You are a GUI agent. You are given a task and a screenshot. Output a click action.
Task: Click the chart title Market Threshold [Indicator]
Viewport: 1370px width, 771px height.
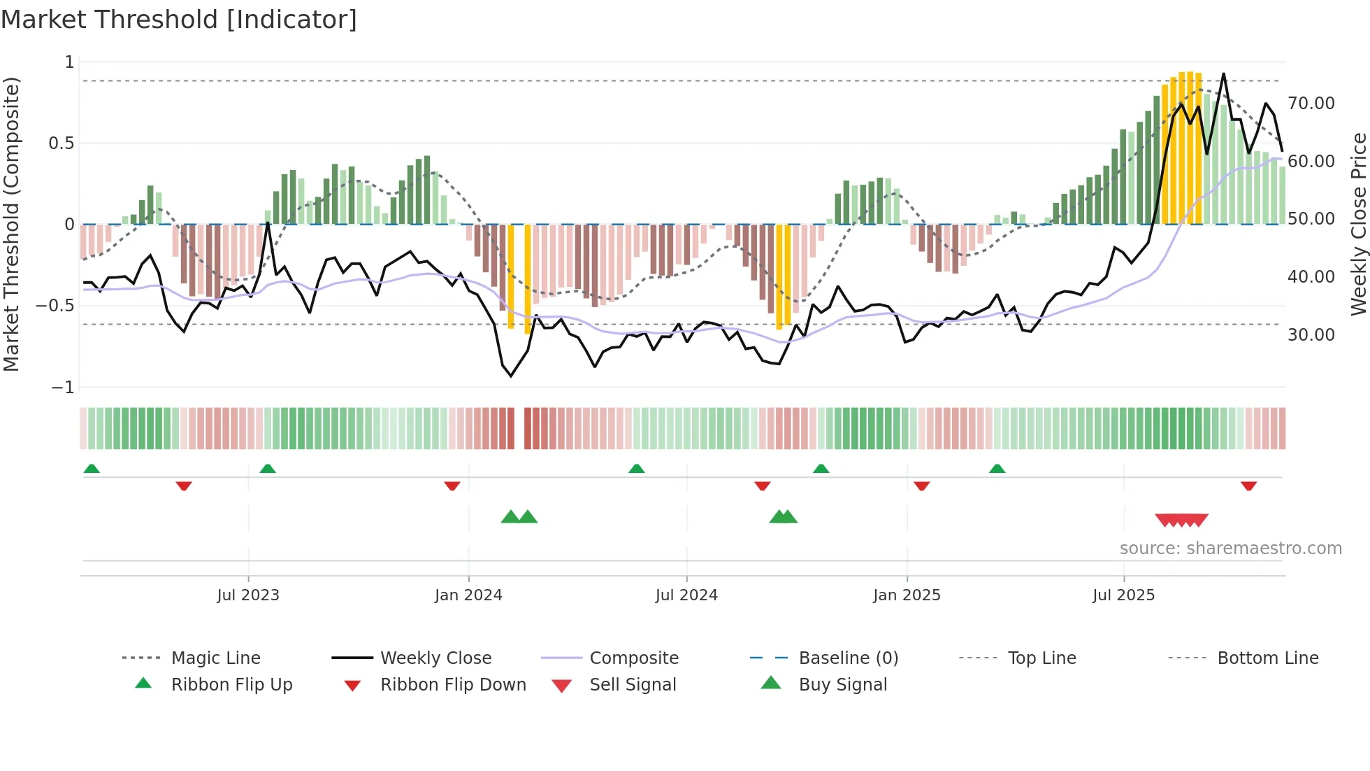pos(179,20)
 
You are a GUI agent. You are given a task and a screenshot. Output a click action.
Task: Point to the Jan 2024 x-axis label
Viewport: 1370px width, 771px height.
pos(468,595)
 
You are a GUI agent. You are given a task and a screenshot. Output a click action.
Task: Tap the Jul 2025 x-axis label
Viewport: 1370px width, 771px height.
pos(1123,595)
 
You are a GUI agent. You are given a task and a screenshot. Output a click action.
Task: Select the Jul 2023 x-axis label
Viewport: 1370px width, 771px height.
pos(248,595)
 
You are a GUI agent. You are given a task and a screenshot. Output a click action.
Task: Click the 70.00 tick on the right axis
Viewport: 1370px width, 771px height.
pos(1311,104)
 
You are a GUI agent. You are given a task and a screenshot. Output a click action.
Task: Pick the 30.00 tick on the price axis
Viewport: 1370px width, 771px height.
pos(1311,335)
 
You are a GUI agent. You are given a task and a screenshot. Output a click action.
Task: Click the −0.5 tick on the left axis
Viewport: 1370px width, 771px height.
pos(55,306)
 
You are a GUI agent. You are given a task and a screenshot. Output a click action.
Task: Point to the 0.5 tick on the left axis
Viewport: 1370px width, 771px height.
pos(61,143)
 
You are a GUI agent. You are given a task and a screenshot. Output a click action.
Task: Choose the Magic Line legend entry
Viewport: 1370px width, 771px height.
pos(215,658)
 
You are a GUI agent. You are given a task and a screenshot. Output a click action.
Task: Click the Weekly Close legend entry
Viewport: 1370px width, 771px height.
pos(435,658)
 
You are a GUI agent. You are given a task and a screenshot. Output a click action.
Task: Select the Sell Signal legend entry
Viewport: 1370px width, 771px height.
pos(633,685)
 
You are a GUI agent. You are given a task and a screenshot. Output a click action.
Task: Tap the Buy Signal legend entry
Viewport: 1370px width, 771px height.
pos(842,685)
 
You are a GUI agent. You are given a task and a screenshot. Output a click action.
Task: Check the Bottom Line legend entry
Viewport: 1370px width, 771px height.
pos(1267,658)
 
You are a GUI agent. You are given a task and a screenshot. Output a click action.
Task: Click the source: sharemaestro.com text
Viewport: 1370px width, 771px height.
pos(1230,549)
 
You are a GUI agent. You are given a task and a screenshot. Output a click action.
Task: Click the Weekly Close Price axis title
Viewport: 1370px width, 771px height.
pos(1358,224)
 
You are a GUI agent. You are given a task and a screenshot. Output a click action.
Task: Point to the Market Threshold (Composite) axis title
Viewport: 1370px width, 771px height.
pos(11,224)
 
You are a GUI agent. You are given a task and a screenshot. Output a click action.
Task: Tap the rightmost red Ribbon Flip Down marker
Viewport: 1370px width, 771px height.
pos(1248,486)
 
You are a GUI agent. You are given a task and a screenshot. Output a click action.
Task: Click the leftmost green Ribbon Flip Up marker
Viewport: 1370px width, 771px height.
pos(92,469)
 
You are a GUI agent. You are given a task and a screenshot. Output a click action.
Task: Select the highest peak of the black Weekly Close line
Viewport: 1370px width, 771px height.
pos(1223,73)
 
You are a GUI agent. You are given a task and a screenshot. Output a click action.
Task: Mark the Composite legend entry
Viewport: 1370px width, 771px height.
pos(633,658)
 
